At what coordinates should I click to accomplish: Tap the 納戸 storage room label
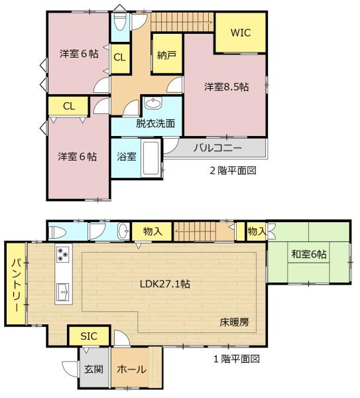[x=167, y=56]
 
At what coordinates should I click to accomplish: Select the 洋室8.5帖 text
[x=226, y=87]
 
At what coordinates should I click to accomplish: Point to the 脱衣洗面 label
[x=156, y=123]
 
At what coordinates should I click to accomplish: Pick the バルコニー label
[x=218, y=147]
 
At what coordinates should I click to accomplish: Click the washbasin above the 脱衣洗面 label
[x=152, y=104]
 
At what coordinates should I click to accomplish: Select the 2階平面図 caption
[x=233, y=170]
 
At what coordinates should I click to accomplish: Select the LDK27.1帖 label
[x=165, y=284]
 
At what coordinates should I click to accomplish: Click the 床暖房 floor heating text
[x=235, y=322]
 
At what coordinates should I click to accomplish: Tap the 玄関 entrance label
[x=93, y=370]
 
